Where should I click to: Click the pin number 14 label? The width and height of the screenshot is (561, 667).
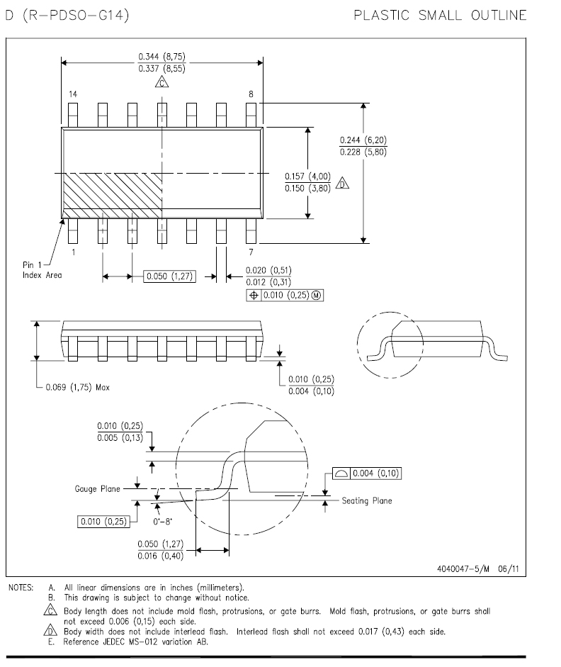(73, 94)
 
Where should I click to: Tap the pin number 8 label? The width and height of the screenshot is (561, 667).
(251, 94)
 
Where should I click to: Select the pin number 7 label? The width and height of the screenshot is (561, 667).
(251, 252)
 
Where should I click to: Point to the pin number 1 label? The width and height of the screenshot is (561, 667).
(74, 252)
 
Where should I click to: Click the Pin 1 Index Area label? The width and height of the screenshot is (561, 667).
(42, 269)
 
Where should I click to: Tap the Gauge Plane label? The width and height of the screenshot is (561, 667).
(97, 489)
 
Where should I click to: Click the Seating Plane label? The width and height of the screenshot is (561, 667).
(367, 500)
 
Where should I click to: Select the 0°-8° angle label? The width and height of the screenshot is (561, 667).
(163, 522)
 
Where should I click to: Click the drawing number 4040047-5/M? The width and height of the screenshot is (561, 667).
(463, 568)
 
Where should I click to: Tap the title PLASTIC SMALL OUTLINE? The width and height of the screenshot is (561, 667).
(441, 16)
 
